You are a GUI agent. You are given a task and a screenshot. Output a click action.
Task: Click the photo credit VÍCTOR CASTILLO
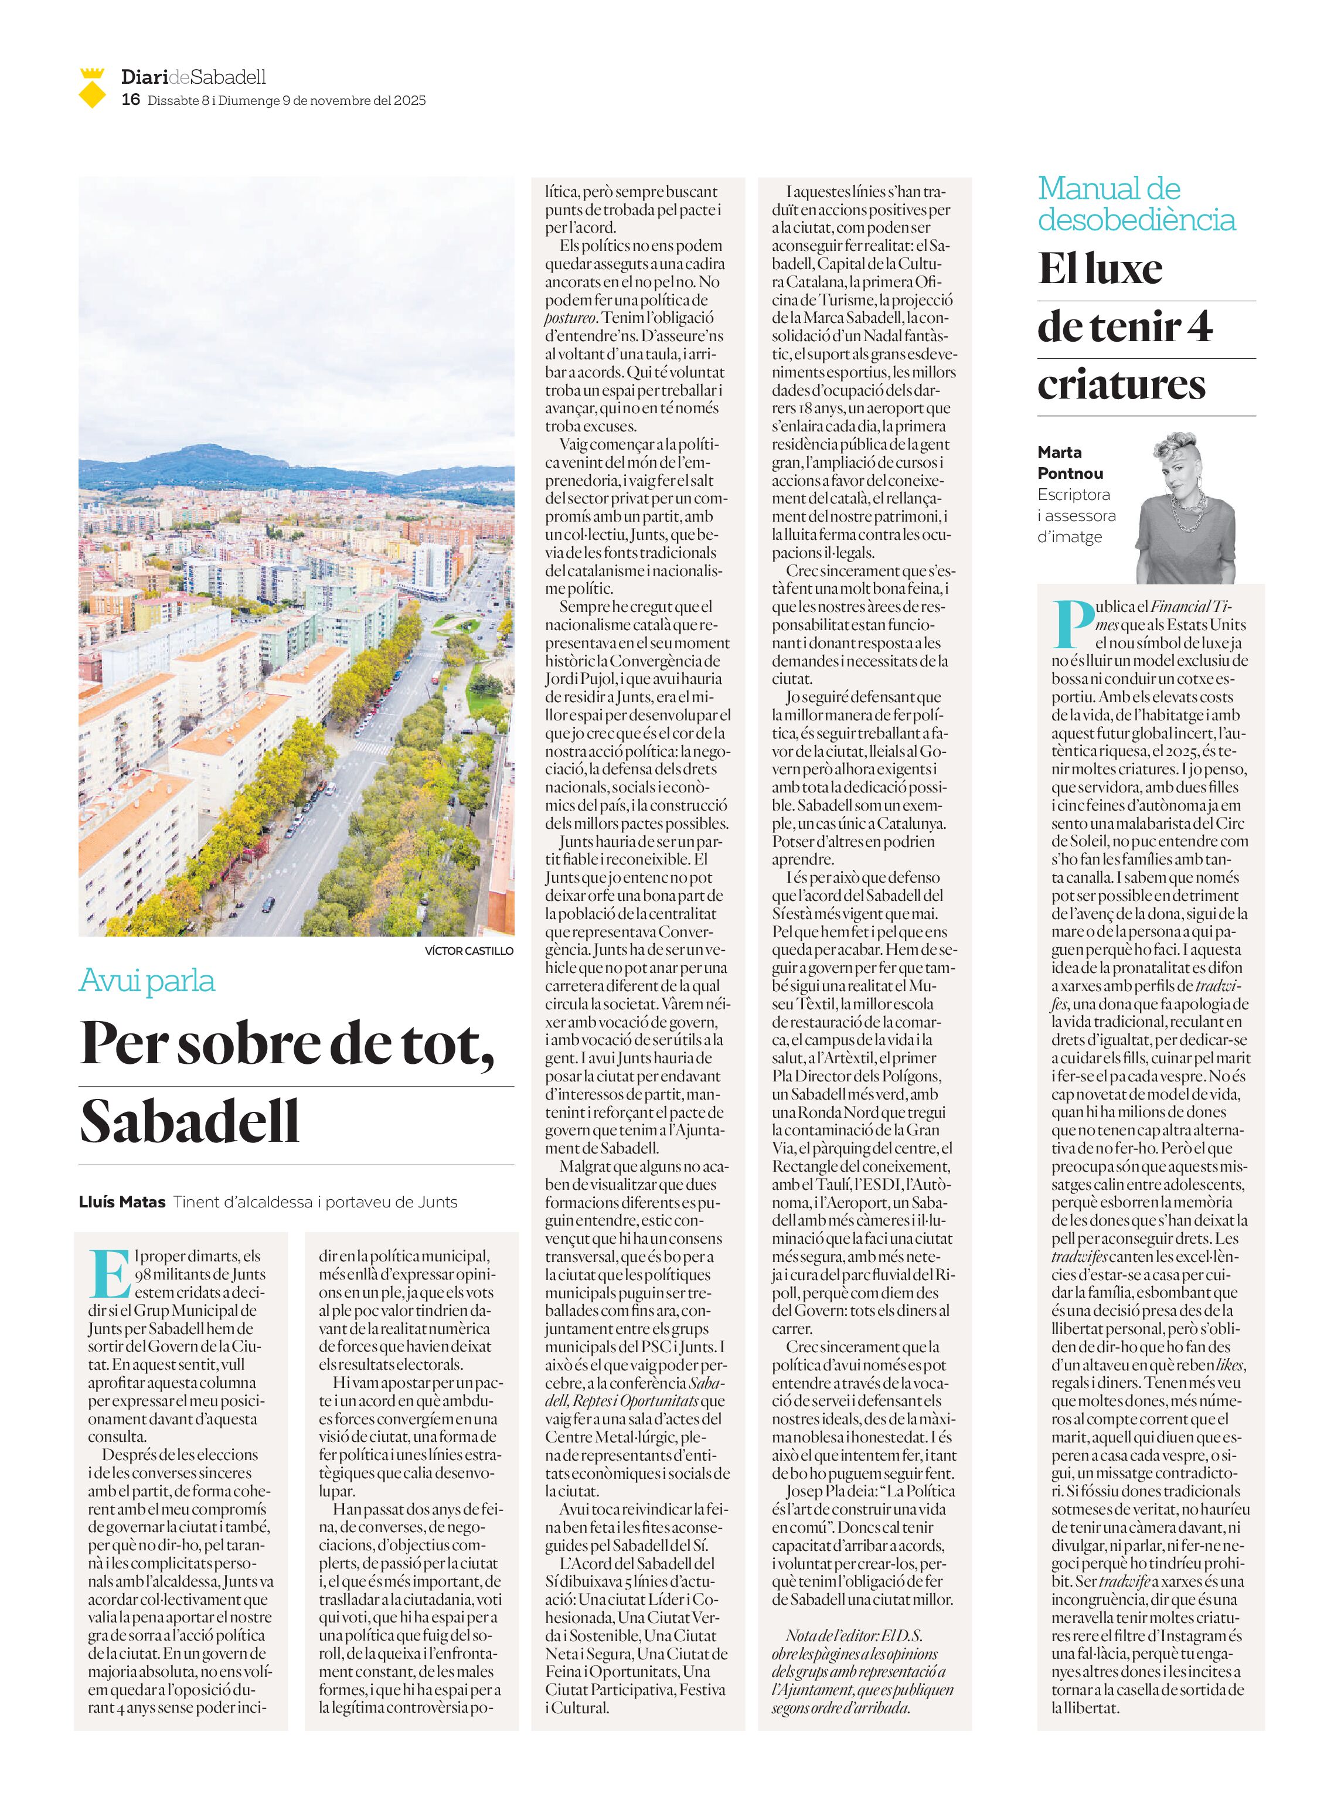[x=468, y=951]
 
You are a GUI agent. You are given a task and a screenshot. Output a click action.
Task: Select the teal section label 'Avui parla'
[x=147, y=981]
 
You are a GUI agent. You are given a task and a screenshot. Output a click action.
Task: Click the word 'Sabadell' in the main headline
[x=190, y=1122]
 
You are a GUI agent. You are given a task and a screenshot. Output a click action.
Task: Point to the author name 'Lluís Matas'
[x=122, y=1202]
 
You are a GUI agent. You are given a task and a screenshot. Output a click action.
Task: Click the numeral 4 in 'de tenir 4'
[x=1200, y=327]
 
